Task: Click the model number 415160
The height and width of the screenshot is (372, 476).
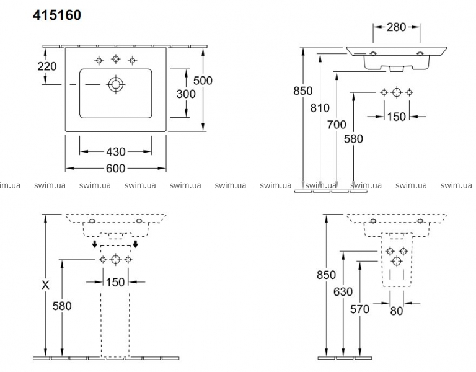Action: point(57,15)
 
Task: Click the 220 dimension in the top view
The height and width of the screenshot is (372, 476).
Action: point(47,66)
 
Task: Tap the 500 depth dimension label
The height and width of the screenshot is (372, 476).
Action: point(203,81)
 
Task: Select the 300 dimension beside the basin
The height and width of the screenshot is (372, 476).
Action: point(186,94)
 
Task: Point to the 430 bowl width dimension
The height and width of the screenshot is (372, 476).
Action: point(116,151)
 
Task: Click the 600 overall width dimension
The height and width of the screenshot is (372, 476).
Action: point(116,168)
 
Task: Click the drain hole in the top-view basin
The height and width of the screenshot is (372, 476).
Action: point(116,84)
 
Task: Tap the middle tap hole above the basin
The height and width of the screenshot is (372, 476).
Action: point(115,59)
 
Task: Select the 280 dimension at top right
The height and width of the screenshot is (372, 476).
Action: point(397,27)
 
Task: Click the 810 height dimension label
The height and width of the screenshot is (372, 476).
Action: point(320,108)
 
